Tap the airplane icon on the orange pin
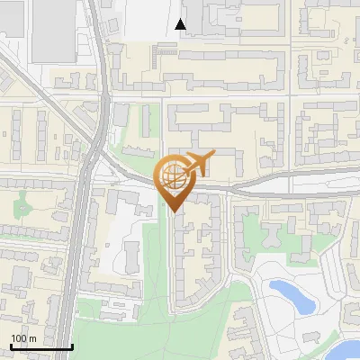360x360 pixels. (197, 164)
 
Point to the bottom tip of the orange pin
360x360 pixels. (174, 211)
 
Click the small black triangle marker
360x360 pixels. (181, 24)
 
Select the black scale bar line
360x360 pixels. (41, 347)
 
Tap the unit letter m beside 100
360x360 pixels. (32, 338)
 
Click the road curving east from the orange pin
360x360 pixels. (270, 189)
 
